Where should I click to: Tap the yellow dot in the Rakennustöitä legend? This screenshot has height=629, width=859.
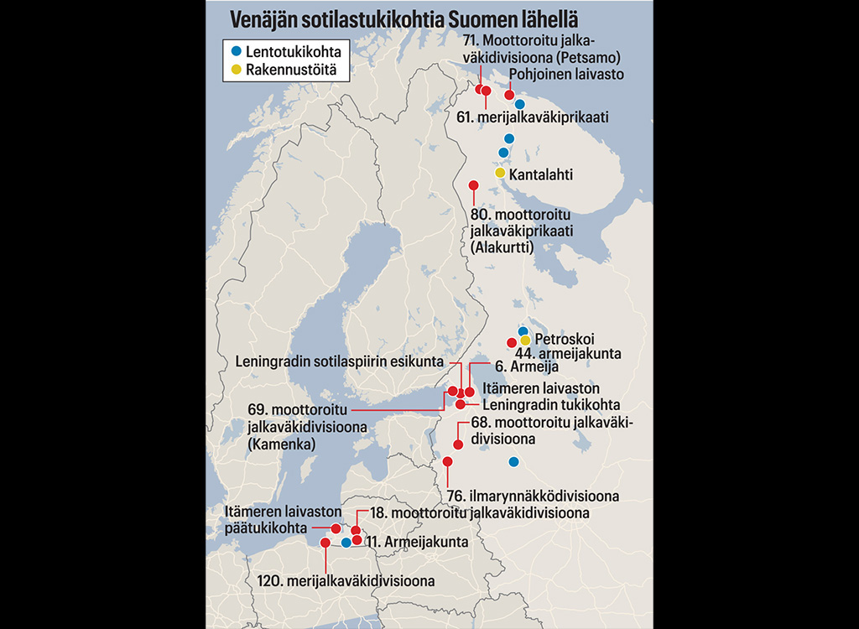coord(236,70)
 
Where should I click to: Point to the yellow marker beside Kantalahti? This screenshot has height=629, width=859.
coord(500,173)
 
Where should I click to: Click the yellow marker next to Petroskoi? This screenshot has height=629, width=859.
coord(525,340)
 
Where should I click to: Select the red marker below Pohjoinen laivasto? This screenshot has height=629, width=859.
coord(509,95)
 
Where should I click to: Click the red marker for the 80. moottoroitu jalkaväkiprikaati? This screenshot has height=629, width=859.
coord(473,185)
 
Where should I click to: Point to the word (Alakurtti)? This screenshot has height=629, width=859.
coord(502,247)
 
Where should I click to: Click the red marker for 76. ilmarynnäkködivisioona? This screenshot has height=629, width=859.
coord(447,461)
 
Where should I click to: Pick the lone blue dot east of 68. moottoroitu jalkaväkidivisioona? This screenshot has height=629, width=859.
coord(513,461)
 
